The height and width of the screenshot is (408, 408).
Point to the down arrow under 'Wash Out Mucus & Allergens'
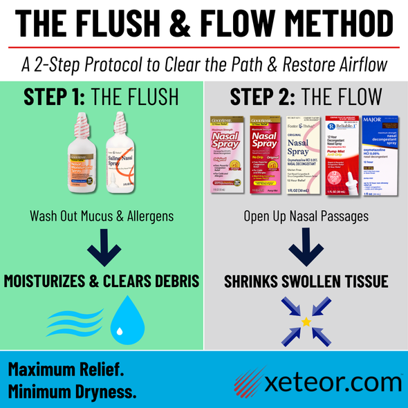point(101,247)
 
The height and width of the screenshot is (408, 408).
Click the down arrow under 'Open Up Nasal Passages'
point(305,247)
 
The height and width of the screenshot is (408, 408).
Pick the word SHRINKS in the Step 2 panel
point(251,282)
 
